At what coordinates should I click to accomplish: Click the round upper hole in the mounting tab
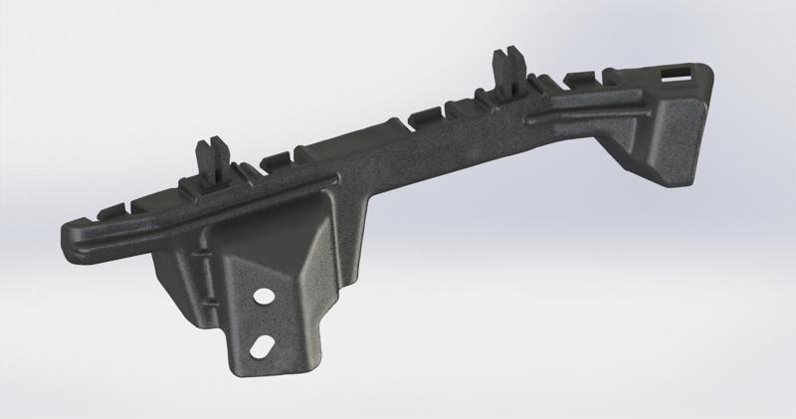coord(265,298)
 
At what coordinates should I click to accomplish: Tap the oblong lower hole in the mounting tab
coord(263,346)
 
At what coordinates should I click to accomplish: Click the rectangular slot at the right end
coord(682,72)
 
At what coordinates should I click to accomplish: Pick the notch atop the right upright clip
coord(508,50)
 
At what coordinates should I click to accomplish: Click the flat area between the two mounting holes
coord(264,321)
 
